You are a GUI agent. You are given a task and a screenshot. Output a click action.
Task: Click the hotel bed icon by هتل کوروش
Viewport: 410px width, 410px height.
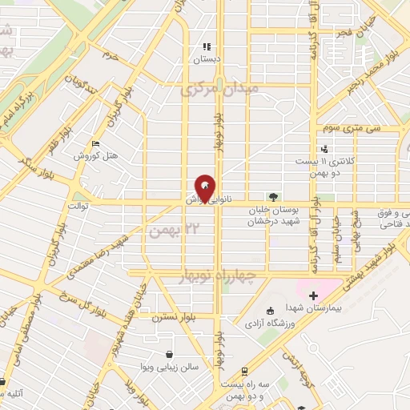click(96, 144)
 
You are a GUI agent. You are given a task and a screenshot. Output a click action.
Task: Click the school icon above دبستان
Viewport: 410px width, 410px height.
click(206, 46)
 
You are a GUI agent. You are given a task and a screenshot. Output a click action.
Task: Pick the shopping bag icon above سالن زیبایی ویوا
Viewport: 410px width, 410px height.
click(169, 354)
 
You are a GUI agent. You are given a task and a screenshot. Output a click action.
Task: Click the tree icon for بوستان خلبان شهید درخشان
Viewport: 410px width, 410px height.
click(274, 197)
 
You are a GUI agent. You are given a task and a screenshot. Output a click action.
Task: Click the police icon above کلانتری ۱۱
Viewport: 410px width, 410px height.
click(324, 149)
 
